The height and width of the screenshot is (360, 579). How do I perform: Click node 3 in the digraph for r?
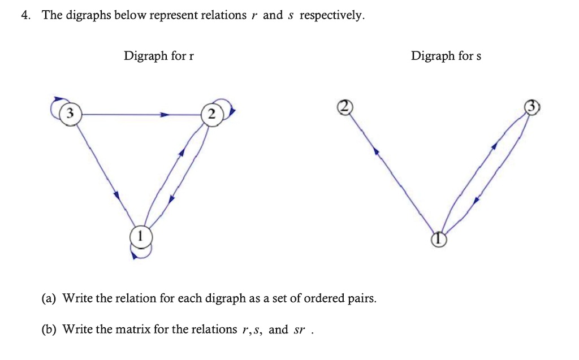pos(70,114)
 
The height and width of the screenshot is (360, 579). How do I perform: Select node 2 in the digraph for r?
pos(210,115)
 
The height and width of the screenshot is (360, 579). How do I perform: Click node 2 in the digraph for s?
pos(344,106)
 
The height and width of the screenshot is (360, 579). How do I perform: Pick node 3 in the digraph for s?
pos(532,107)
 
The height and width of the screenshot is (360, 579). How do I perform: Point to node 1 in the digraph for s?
pos(439,240)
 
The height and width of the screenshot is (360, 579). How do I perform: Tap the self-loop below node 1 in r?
pos(141,252)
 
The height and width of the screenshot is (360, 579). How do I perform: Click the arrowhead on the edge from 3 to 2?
pos(165,115)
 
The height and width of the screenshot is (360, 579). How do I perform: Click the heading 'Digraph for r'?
pos(159,56)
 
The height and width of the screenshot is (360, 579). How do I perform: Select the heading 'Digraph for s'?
pos(446,56)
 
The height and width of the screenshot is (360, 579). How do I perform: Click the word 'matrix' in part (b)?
pos(135,329)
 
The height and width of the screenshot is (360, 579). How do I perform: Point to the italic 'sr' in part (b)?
pos(299,329)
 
